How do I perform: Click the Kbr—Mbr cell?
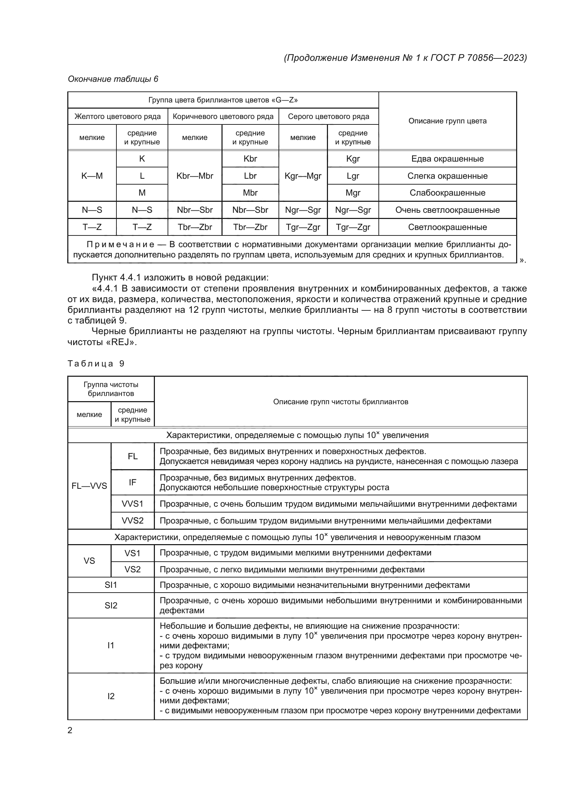coord(194,176)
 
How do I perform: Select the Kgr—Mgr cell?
coord(303,176)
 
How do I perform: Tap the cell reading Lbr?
coord(250,176)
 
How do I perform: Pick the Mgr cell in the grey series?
coord(353,192)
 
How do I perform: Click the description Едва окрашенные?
coord(447,158)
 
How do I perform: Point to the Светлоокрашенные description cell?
coord(447,227)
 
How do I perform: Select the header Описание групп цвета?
coord(447,121)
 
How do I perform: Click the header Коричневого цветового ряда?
coord(223,116)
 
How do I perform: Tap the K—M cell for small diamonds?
coord(92,176)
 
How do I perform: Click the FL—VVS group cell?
coord(89,486)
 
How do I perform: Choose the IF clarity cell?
coord(132,482)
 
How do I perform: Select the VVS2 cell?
coord(132,521)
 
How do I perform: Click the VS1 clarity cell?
coord(132,553)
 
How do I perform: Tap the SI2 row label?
coord(111,605)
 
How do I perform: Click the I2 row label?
coord(111,696)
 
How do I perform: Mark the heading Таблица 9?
coord(96,363)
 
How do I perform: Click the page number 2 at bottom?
coord(70,730)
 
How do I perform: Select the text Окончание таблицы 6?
coord(113,79)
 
